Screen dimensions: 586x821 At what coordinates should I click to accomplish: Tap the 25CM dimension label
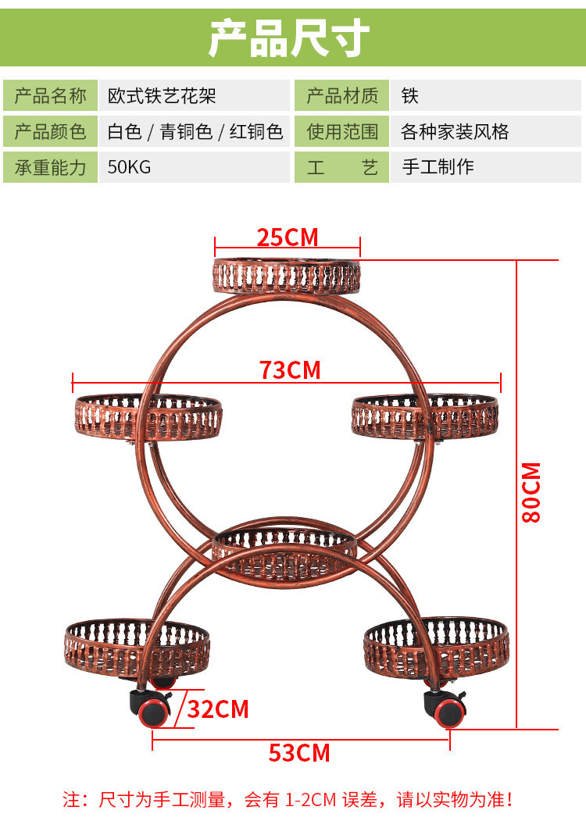(x=288, y=237)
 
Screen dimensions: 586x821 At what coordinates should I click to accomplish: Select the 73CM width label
(x=290, y=369)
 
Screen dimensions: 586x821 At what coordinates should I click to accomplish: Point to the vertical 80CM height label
(x=531, y=492)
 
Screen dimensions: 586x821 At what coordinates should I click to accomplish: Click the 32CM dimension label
(x=218, y=709)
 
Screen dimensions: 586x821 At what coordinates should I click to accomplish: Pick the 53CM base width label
(x=299, y=753)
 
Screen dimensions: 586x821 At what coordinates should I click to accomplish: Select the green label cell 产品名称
(x=51, y=96)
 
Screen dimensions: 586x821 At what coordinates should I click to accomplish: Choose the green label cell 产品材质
(x=341, y=96)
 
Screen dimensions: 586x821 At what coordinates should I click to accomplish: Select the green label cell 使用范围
(x=341, y=132)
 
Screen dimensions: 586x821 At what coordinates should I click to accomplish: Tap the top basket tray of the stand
(x=288, y=275)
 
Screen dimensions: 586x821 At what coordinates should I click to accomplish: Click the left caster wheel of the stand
(x=153, y=711)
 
